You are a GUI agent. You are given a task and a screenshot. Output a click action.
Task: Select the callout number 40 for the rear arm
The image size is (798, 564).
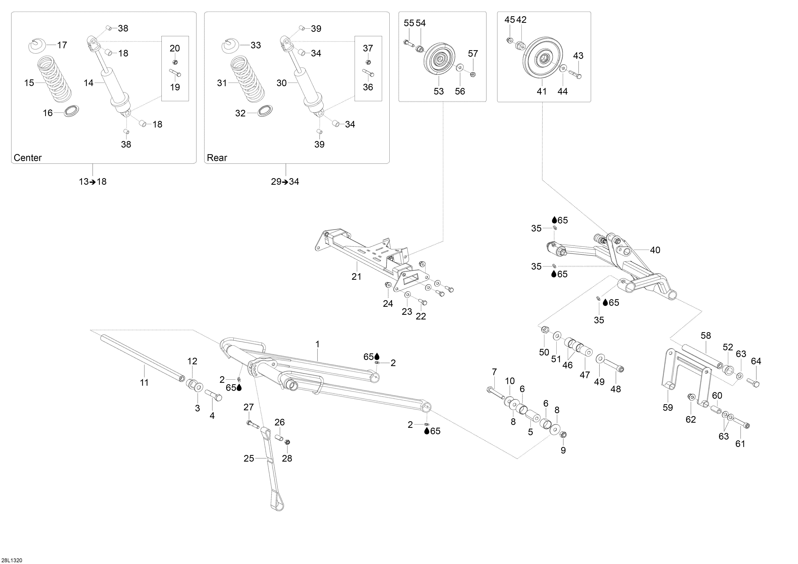coord(655,250)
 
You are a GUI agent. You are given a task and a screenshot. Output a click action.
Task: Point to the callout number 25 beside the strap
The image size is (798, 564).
coord(249,458)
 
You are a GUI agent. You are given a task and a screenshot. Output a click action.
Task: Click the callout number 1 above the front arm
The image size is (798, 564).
coord(317,344)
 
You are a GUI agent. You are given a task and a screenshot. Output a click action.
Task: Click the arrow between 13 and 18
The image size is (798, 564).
coord(93,182)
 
